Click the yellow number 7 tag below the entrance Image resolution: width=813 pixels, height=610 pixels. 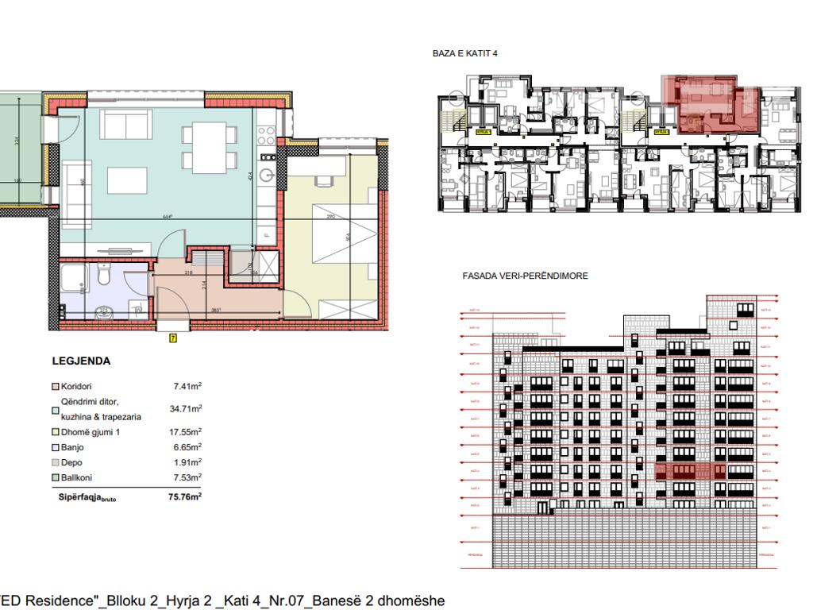(x=173, y=338)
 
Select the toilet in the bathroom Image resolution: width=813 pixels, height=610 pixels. (x=102, y=277)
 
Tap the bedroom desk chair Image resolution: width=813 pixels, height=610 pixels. (x=323, y=182)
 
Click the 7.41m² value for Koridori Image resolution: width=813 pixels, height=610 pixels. (x=187, y=386)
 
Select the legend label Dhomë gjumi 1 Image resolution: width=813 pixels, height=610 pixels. (x=89, y=432)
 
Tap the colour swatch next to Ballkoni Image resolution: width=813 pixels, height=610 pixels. (x=56, y=477)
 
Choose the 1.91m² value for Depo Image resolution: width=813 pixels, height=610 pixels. (x=187, y=462)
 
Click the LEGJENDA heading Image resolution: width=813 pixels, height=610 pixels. (x=81, y=361)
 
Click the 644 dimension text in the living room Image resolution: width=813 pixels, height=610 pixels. (x=167, y=217)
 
